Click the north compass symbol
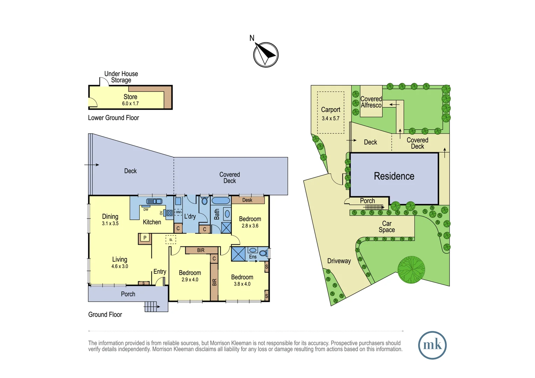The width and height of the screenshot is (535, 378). click(x=266, y=55)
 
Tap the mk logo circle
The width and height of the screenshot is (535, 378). click(x=432, y=345)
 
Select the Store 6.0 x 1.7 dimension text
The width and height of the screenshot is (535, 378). click(x=130, y=104)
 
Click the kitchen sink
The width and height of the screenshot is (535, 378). click(x=154, y=201)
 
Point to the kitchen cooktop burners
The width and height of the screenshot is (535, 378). click(x=169, y=213)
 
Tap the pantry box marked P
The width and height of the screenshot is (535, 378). click(x=145, y=238)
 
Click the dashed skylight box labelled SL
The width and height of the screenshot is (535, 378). click(x=171, y=240)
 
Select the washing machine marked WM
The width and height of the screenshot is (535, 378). click(x=178, y=212)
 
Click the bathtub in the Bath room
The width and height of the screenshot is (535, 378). click(x=221, y=200)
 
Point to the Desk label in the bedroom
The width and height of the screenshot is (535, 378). click(x=247, y=200)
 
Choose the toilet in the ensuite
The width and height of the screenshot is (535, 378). click(x=263, y=253)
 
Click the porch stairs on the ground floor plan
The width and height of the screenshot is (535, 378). click(x=151, y=307)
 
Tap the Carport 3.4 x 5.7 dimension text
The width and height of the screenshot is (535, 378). click(x=331, y=118)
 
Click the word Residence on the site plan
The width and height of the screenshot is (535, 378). click(x=394, y=176)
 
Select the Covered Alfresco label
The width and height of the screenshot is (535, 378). click(x=371, y=102)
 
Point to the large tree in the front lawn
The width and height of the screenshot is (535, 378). click(x=411, y=270)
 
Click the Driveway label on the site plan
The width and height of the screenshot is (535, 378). click(x=339, y=261)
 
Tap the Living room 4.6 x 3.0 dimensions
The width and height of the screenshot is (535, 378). click(x=120, y=266)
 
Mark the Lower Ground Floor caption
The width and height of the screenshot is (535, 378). click(x=113, y=118)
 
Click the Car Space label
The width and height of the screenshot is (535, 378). click(x=387, y=226)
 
